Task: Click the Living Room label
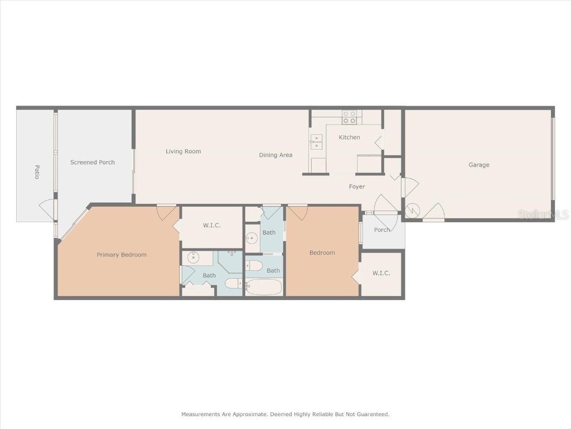(183, 151)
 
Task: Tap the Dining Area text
(275, 155)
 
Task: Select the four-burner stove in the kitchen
(349, 117)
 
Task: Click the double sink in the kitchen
(316, 142)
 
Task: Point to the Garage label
(478, 165)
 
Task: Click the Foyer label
(357, 187)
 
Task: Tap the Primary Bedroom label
(122, 255)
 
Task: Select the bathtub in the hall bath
(264, 287)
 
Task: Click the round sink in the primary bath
(193, 258)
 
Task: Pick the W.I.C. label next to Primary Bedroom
(212, 226)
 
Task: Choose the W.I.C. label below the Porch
(381, 273)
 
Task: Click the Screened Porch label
(93, 163)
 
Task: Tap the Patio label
(37, 171)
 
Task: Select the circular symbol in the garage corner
(413, 211)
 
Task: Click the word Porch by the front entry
(382, 230)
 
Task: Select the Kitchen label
(350, 137)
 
